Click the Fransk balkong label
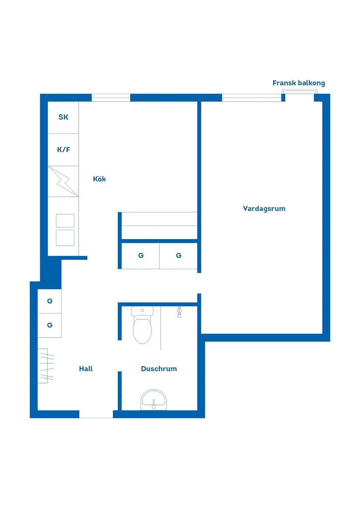point(298,83)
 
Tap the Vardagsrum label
point(264,209)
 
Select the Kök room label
point(99,179)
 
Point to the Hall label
point(86,369)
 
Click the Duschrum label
point(159,369)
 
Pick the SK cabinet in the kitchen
point(63,117)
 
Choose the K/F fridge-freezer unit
point(63,150)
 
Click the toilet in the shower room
point(142,325)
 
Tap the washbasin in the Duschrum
point(154,400)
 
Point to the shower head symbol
point(179,312)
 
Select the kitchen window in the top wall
point(111,97)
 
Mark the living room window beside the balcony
point(251,97)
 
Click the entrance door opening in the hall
point(96,414)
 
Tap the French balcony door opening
point(300,96)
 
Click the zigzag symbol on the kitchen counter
point(63,181)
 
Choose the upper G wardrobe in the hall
point(49,301)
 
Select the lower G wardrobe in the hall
point(49,325)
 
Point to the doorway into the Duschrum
point(120,356)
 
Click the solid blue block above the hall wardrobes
point(51,273)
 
